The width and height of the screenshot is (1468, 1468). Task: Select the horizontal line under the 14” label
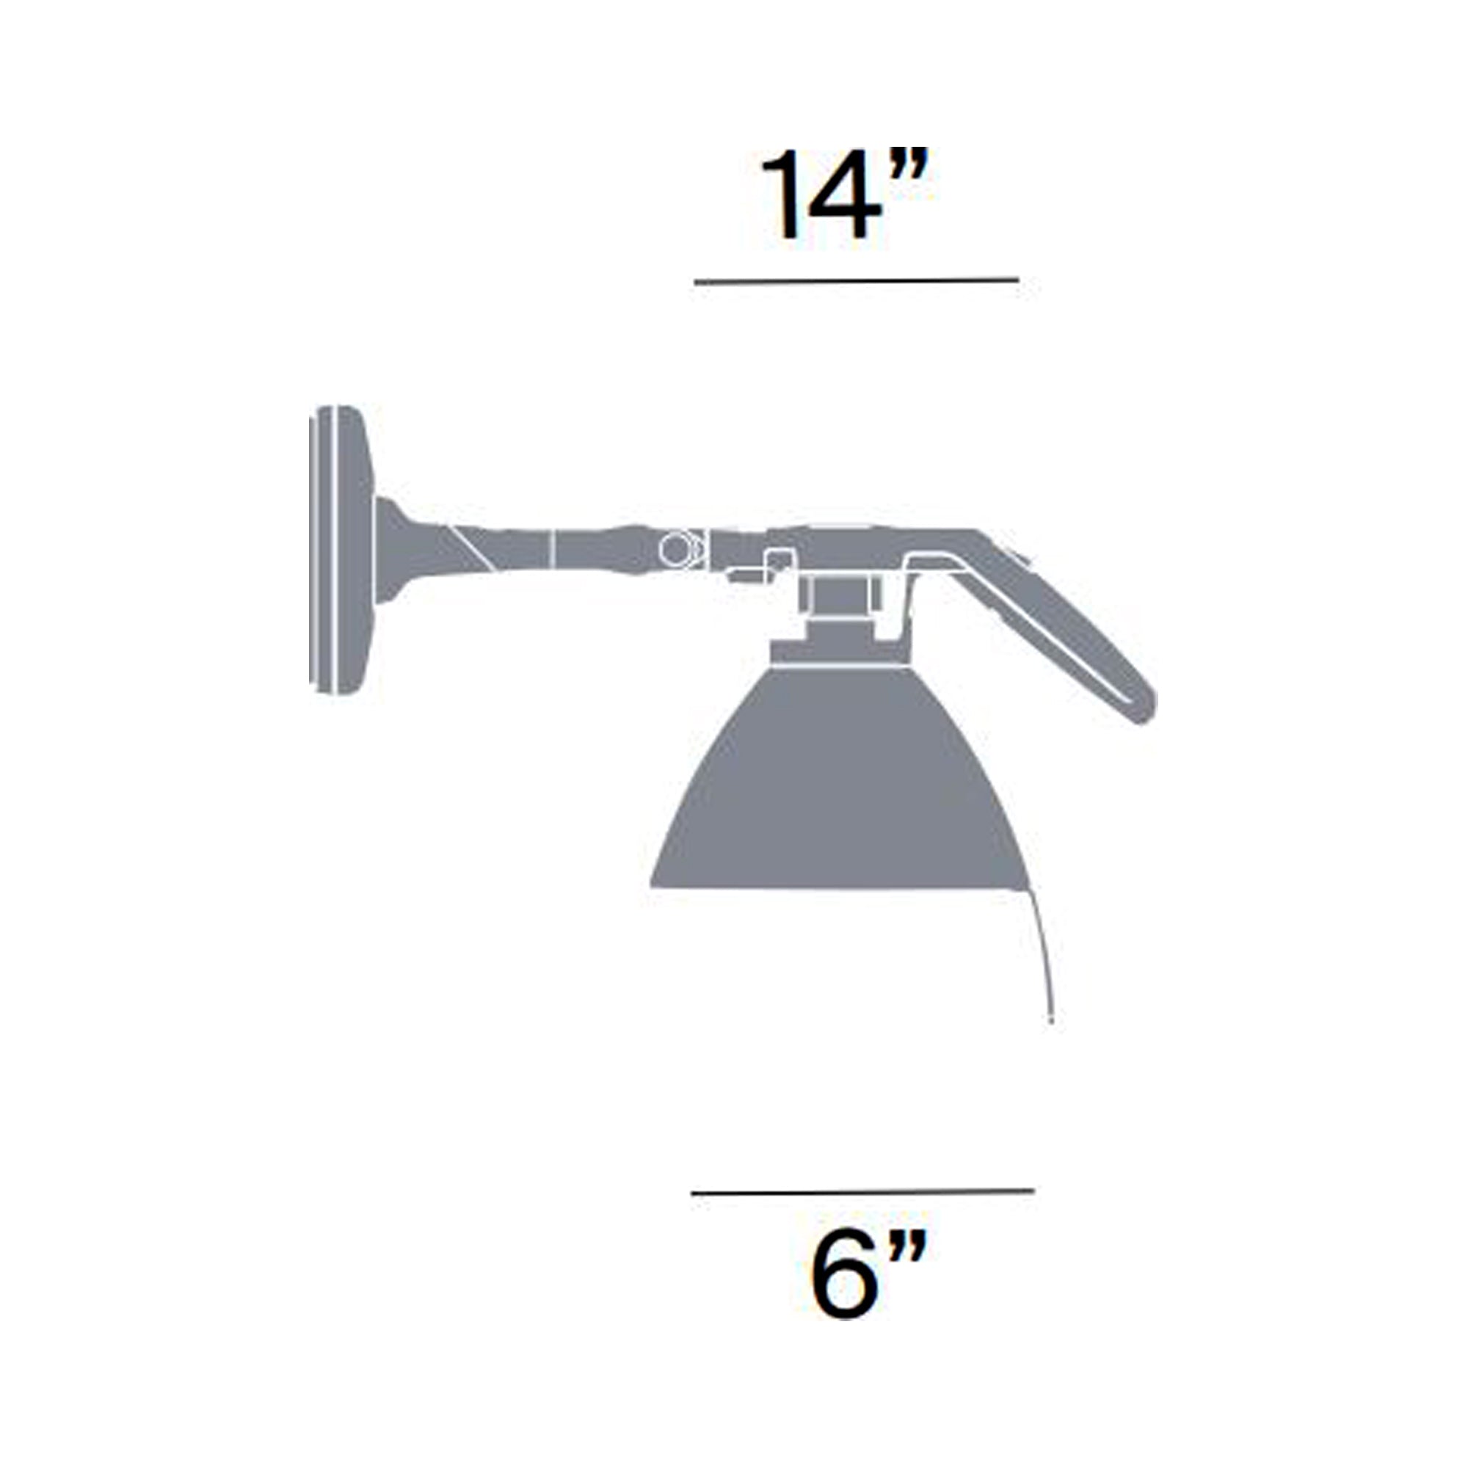pos(857,281)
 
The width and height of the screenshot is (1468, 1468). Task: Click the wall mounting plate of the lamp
pos(341,549)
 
